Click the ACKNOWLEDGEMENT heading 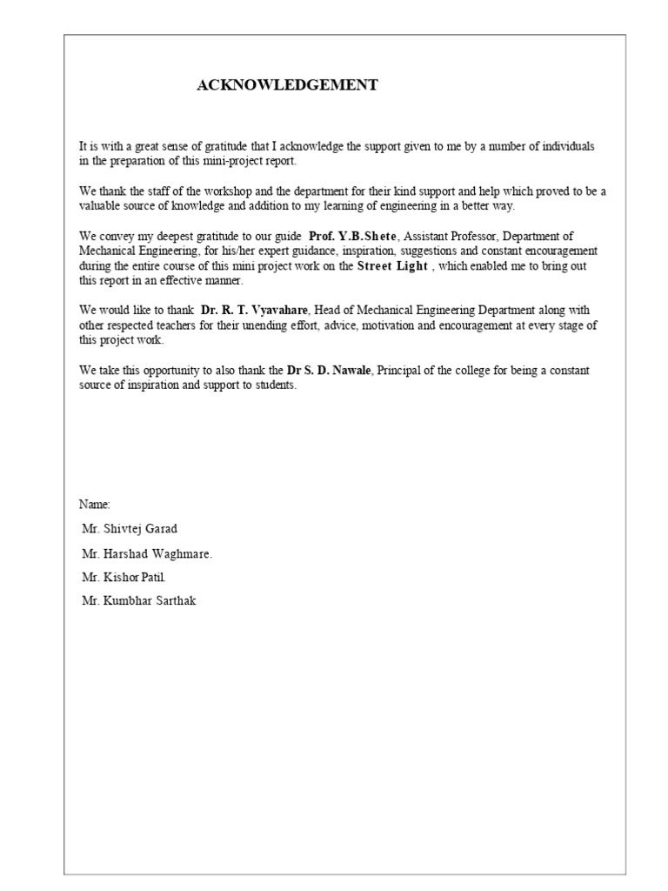click(x=287, y=84)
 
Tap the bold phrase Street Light click(x=392, y=266)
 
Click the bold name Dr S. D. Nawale click(x=330, y=371)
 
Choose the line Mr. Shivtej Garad click(x=130, y=528)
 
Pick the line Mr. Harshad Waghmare click(x=147, y=553)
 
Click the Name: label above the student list click(x=95, y=504)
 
